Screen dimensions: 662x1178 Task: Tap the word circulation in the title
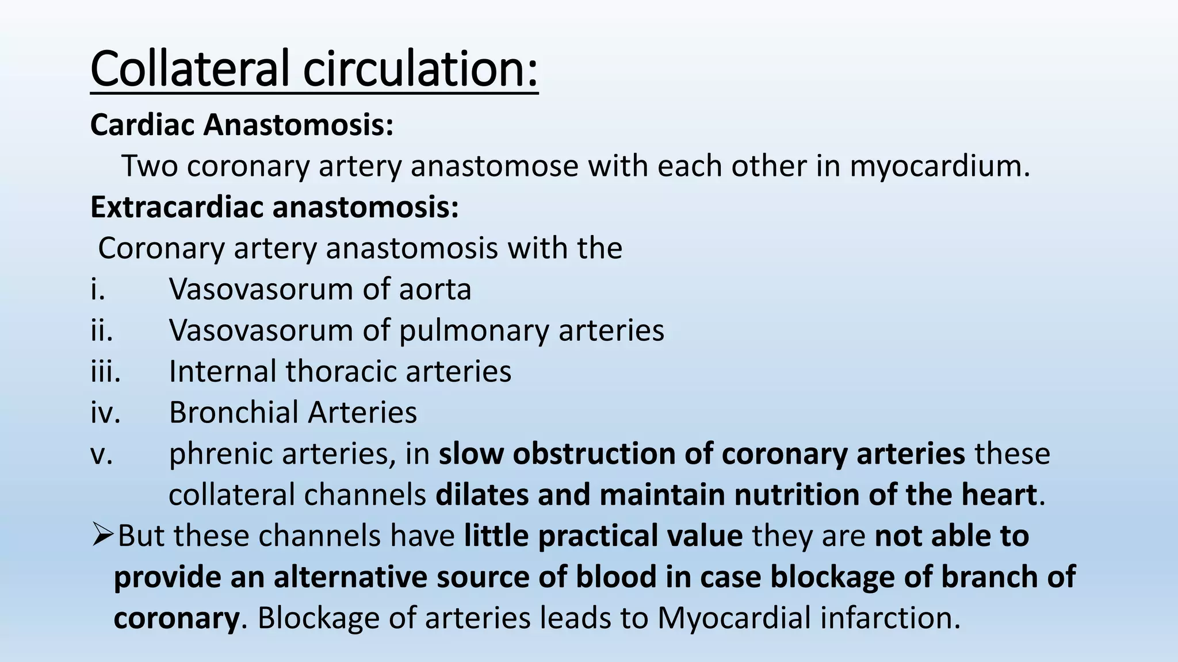(x=420, y=69)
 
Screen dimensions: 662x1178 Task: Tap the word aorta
(x=435, y=290)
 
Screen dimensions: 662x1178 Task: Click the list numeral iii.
(x=105, y=371)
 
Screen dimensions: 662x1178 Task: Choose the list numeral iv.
(x=105, y=413)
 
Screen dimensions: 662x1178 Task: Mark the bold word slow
(x=471, y=454)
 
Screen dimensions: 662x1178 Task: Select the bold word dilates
(x=481, y=495)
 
